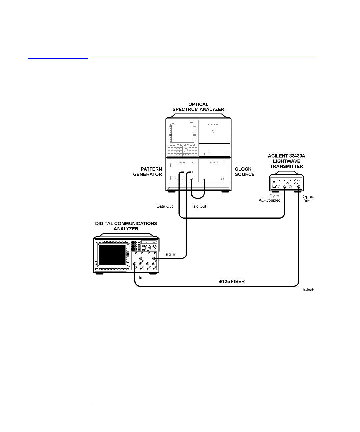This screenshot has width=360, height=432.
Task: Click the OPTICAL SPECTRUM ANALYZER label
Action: pyautogui.click(x=198, y=107)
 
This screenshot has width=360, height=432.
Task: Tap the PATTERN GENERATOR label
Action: pyautogui.click(x=148, y=172)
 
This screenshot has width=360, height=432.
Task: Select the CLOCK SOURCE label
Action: pyautogui.click(x=245, y=172)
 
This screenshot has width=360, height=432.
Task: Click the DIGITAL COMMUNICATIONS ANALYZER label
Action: pyautogui.click(x=126, y=226)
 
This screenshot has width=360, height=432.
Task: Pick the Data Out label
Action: pyautogui.click(x=165, y=206)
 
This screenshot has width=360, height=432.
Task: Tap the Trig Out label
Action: pyautogui.click(x=199, y=206)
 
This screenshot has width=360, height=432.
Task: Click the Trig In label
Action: pyautogui.click(x=169, y=254)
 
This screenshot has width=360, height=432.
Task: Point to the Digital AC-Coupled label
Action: pyautogui.click(x=270, y=198)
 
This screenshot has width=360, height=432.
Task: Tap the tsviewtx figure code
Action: pyautogui.click(x=308, y=290)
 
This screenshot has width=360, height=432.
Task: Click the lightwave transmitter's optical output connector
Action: pyautogui.click(x=299, y=187)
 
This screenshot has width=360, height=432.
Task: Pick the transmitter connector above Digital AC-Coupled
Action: pyautogui.click(x=284, y=187)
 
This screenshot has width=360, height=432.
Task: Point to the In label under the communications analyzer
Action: pyautogui.click(x=141, y=277)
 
